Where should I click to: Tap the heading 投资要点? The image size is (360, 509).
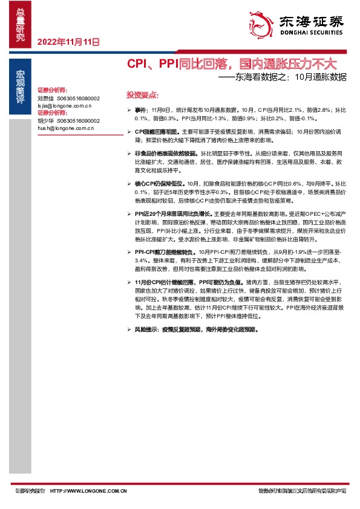(142, 95)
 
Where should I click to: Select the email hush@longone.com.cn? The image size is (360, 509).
(66, 128)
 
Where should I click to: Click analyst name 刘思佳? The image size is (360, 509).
(46, 97)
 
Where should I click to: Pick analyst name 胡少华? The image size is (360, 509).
(46, 120)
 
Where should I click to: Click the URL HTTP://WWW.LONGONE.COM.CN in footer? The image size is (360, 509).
(88, 490)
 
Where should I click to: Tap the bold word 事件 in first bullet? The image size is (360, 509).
(140, 111)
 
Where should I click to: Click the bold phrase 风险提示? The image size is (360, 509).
(146, 330)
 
